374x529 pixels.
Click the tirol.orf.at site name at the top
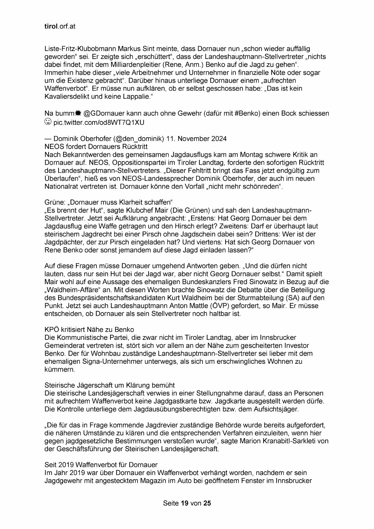click(60, 26)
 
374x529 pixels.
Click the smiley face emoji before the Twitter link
click(48, 122)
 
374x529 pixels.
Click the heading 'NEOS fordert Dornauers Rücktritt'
click(96, 147)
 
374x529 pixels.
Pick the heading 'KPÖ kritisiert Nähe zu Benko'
click(89, 329)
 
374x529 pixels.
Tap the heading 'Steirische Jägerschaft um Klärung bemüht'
click(110, 385)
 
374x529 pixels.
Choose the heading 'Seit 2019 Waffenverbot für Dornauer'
click(101, 465)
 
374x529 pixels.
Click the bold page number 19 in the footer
click(185, 503)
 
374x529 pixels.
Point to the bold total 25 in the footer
click(207, 503)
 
